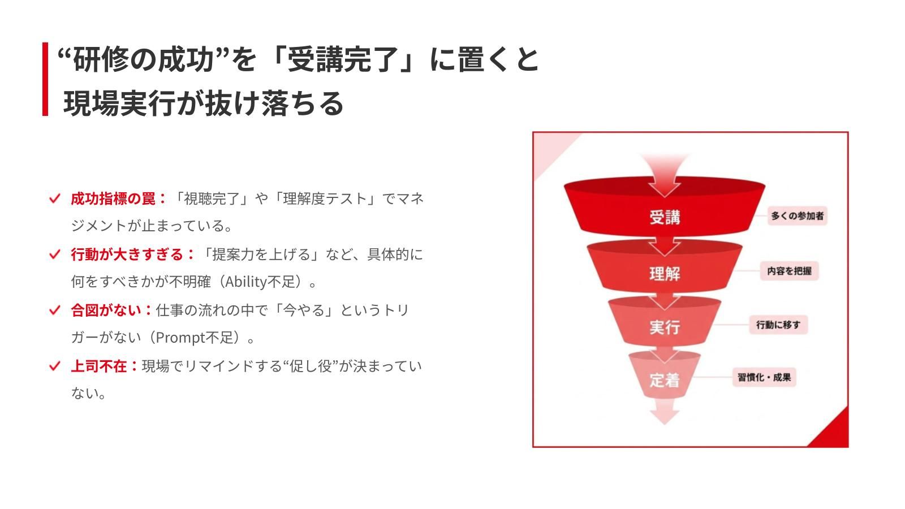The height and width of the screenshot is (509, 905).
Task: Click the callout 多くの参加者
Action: click(x=797, y=215)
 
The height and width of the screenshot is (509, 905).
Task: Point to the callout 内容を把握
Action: click(x=790, y=271)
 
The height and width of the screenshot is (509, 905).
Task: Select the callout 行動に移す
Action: click(x=778, y=325)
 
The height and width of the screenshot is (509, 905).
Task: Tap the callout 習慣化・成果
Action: click(x=764, y=377)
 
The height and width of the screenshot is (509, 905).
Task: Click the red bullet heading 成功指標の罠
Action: click(x=113, y=199)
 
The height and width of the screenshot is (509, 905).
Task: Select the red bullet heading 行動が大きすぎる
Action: click(x=127, y=255)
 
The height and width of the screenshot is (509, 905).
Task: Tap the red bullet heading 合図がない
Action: click(x=106, y=310)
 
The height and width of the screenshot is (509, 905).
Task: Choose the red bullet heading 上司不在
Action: click(x=99, y=366)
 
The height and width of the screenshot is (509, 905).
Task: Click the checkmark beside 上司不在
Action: click(x=54, y=366)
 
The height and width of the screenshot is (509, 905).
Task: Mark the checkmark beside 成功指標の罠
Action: click(x=54, y=199)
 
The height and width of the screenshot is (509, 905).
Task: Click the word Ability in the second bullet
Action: click(x=246, y=282)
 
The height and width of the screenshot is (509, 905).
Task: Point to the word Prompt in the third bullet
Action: click(x=180, y=338)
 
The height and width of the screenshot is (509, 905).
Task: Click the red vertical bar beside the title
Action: click(x=45, y=79)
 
